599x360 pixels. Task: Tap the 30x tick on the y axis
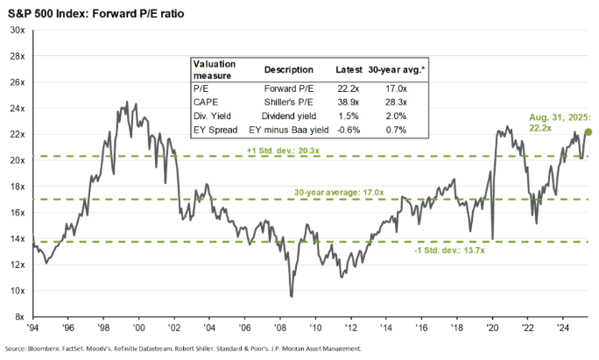pos(17,30)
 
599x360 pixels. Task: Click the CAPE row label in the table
pos(206,102)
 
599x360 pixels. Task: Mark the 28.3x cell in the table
pos(398,102)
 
